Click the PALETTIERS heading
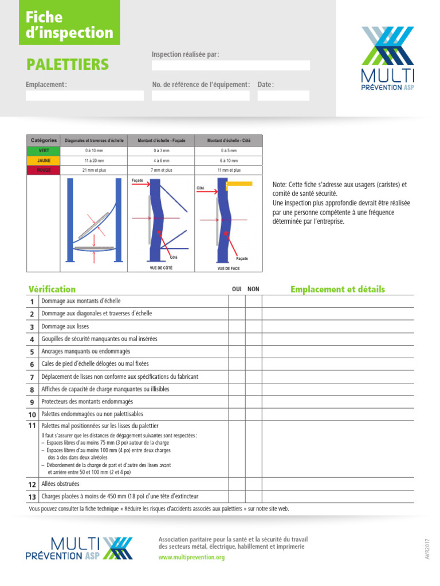pos(67,64)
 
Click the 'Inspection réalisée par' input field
pos(230,65)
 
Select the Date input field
pos(283,96)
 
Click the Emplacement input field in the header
pos(85,96)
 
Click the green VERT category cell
pos(44,151)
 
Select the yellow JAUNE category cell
pos(44,160)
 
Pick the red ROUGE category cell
pos(44,170)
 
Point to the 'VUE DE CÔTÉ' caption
pos(160,267)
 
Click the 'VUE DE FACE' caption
pos(228,268)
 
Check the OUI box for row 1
pos(237,301)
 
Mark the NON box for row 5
pos(253,351)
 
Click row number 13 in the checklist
pos(32,497)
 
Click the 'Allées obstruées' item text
pos(61,484)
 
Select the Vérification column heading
pos(52,289)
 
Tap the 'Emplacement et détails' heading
pos(337,289)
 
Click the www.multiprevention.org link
pos(191,557)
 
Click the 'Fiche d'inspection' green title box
pos(70,25)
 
